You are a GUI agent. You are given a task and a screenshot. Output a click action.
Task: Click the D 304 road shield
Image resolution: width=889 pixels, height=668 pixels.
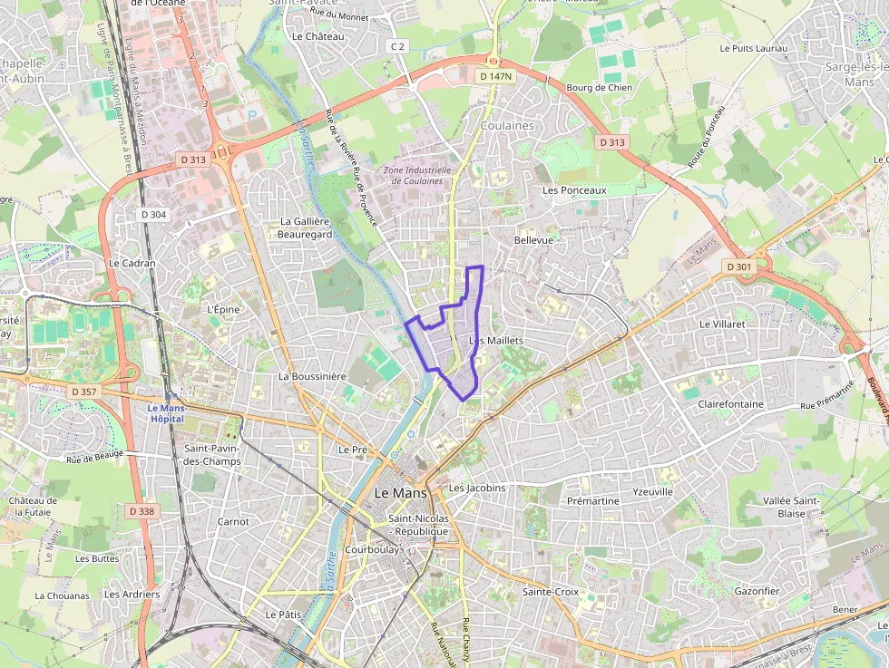[154, 215]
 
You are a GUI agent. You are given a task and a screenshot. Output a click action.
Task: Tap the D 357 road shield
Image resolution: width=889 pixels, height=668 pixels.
[82, 392]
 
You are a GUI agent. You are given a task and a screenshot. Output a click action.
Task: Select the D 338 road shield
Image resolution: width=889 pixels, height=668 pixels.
[142, 511]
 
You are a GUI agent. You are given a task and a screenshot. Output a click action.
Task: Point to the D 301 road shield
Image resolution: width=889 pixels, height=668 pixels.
[739, 266]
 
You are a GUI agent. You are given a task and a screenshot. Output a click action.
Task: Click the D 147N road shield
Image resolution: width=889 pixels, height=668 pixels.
[494, 77]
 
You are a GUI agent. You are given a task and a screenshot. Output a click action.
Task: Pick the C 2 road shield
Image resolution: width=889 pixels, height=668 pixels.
[396, 46]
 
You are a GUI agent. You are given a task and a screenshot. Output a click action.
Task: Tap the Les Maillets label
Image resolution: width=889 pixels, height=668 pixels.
[497, 340]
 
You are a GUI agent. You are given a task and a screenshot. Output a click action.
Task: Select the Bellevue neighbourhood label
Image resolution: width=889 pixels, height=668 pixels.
[532, 240]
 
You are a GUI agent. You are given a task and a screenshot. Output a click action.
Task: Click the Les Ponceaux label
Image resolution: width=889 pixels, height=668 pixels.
[573, 190]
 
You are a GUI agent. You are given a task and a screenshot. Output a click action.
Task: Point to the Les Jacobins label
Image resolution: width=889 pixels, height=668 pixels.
[477, 488]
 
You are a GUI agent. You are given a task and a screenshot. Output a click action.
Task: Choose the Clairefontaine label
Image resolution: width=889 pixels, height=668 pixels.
[730, 404]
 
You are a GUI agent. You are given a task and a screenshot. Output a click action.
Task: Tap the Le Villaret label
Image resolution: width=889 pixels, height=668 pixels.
[722, 323]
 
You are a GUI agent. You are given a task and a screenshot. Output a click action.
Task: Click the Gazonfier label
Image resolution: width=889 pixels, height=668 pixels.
[757, 591]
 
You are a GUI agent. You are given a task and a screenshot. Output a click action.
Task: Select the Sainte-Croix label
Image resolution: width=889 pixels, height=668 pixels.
[550, 592]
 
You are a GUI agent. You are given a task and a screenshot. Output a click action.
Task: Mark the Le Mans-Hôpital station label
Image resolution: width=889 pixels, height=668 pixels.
[166, 413]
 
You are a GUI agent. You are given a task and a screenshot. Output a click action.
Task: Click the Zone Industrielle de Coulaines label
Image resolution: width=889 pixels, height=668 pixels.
[417, 175]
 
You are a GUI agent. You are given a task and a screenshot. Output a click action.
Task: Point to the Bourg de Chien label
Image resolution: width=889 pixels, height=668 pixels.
[599, 88]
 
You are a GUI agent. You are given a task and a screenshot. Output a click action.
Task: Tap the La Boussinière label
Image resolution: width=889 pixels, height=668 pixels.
[312, 376]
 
